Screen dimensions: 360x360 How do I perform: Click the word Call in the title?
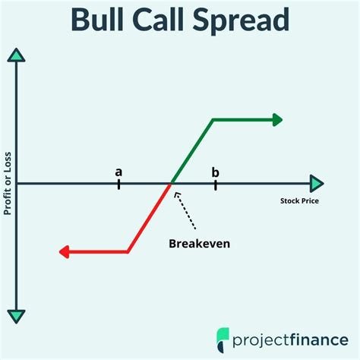click(176, 21)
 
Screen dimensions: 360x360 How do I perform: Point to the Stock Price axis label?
click(299, 201)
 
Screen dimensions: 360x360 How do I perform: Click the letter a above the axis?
click(118, 172)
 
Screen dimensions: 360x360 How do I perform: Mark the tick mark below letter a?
click(118, 183)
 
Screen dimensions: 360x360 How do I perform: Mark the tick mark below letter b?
click(216, 183)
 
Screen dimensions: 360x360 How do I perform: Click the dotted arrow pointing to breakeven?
click(187, 211)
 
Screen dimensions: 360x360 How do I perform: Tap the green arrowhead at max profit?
click(277, 119)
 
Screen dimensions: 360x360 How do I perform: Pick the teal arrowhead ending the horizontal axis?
click(317, 183)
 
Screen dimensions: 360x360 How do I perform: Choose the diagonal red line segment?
click(149, 218)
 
